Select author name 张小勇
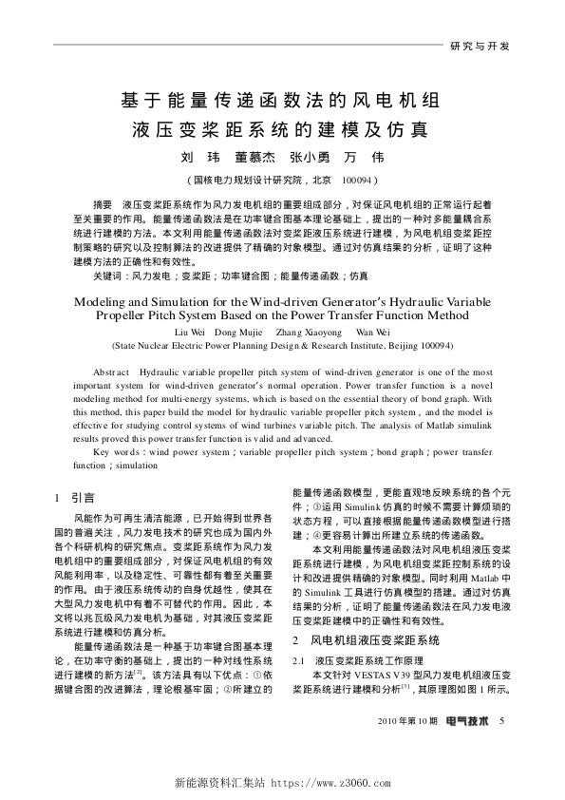pyautogui.click(x=311, y=157)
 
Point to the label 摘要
pyautogui.click(x=103, y=205)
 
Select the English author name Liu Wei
pyautogui.click(x=191, y=332)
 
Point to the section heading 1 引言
pyautogui.click(x=74, y=496)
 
